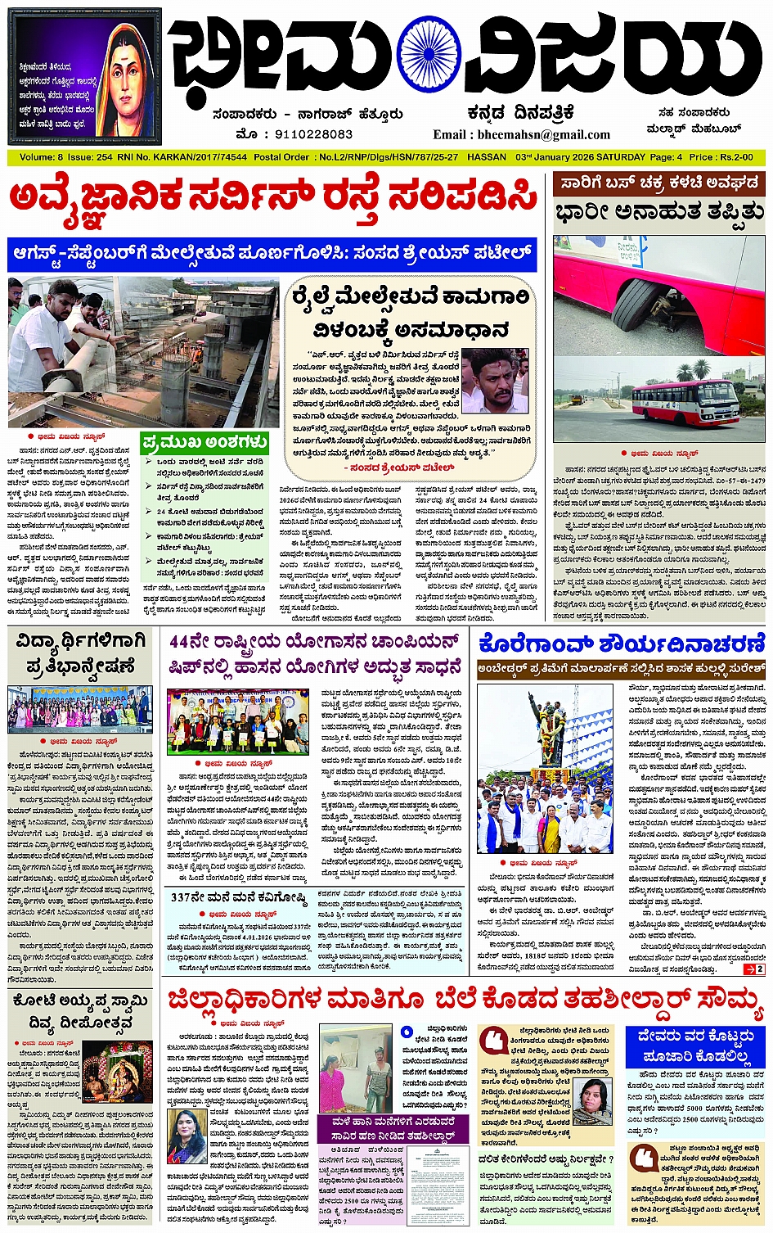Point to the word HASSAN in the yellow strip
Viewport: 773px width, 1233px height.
487,156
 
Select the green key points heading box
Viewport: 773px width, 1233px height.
204,443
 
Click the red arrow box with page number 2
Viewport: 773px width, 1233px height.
753,969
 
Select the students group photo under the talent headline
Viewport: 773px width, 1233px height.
79,709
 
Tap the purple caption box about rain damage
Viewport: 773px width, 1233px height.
393,1128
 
